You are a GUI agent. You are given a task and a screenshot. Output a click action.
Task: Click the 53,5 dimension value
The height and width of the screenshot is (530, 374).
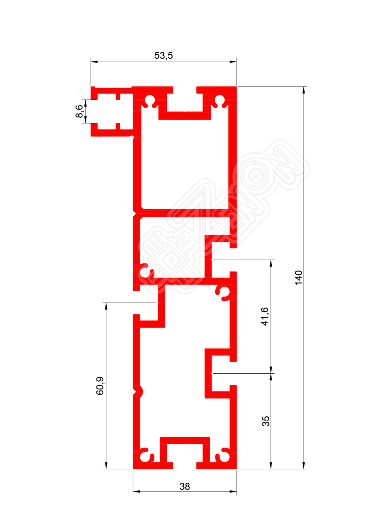point(163,55)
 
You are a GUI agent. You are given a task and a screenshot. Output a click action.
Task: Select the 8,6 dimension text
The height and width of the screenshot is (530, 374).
point(79,111)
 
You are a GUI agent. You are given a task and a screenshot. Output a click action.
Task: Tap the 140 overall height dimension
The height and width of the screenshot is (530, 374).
point(298,278)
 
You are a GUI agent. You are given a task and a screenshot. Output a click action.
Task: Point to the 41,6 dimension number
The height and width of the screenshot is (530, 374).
point(265,316)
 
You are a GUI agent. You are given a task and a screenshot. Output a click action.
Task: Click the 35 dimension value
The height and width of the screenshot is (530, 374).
point(266,421)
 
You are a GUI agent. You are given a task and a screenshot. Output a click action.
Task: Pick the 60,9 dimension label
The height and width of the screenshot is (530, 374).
point(100,386)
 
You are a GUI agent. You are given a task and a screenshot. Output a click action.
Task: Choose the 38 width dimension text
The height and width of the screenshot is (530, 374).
point(185,486)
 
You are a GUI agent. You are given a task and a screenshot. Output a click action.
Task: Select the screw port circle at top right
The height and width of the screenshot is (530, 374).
point(220,100)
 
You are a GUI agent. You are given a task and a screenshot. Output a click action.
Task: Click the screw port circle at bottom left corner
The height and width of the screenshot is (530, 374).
point(145,457)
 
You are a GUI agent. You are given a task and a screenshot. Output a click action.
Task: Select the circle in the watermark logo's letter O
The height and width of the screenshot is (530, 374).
point(255,176)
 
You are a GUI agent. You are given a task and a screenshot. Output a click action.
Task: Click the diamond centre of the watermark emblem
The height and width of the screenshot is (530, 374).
point(171,261)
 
